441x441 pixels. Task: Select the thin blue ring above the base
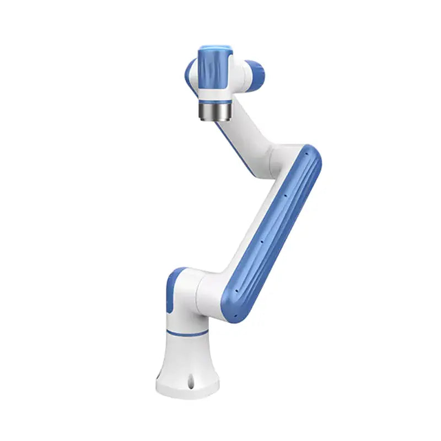[x=187, y=332]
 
